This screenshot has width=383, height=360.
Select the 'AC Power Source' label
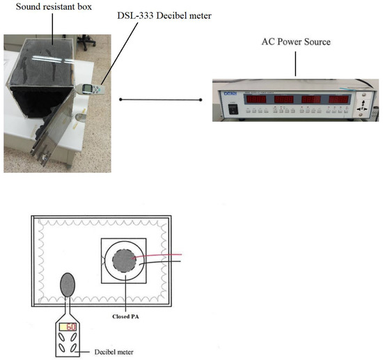(x=295, y=42)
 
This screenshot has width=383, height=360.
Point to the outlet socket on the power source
(x=362, y=107)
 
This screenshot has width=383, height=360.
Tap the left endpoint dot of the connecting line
(x=120, y=100)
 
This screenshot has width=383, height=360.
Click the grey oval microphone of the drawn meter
(x=68, y=284)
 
